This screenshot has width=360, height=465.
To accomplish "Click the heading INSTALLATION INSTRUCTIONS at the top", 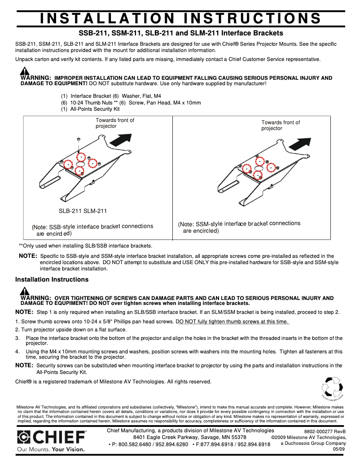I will click(180, 18).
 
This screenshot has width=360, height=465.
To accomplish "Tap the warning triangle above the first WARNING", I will click(25, 70).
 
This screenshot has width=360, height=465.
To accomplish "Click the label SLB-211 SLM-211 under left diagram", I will click(83, 211).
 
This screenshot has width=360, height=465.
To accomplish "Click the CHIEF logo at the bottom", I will click(51, 437).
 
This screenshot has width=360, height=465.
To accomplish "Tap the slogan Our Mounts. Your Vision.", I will click(51, 448).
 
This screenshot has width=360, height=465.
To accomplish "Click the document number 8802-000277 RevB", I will click(325, 431).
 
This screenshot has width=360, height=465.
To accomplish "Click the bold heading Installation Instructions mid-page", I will click(52, 279).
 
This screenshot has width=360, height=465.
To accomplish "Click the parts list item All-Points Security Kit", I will click(95, 109).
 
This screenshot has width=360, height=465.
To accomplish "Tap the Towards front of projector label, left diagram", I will click(115, 123).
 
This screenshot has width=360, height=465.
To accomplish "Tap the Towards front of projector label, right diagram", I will click(281, 125).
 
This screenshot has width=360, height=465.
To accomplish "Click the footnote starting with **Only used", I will click(85, 246).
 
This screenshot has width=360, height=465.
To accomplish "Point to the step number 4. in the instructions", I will click(18, 352).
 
